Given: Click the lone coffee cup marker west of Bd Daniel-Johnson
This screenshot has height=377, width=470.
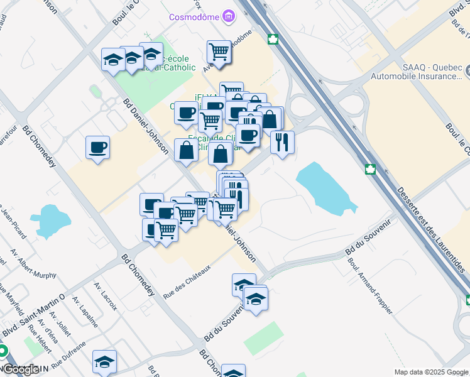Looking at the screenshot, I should click(x=97, y=148).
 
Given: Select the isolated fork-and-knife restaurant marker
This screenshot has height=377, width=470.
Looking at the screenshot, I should click(x=282, y=141).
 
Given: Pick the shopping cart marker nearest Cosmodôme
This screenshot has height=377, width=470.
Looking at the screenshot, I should click(x=219, y=52).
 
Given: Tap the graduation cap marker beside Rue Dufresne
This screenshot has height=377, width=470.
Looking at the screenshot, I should click(x=104, y=361).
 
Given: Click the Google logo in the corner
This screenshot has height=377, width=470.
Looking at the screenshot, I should click(x=20, y=370).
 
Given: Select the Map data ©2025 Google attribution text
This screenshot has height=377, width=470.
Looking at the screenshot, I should click(x=431, y=372).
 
